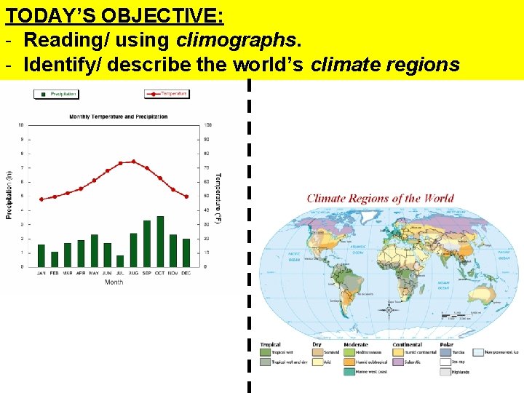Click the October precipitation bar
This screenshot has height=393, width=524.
(160, 241)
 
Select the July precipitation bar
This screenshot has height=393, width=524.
(121, 261)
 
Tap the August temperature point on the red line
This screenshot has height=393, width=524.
(133, 162)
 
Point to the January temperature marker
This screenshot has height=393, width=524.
(41, 199)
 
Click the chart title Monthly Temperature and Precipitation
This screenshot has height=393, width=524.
(118, 116)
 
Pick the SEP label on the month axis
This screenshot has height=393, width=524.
(147, 273)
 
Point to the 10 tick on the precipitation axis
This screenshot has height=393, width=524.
(20, 124)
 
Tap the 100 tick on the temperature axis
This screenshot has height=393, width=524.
(208, 124)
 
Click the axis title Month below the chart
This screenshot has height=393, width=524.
(114, 282)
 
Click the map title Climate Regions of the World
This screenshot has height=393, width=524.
(380, 199)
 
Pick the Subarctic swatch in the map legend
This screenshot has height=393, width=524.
(398, 362)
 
